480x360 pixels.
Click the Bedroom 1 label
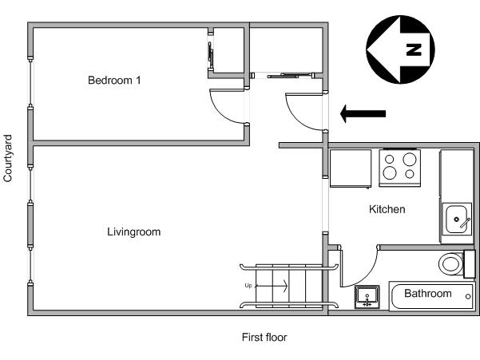(114, 80)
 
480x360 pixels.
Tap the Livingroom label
(133, 231)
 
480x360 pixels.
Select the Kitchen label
(387, 209)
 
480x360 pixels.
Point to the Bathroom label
(427, 293)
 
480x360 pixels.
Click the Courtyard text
(8, 158)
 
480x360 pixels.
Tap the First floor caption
(264, 338)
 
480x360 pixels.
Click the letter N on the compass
(414, 49)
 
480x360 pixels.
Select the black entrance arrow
(363, 113)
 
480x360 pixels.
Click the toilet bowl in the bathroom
(450, 264)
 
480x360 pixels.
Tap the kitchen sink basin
(456, 220)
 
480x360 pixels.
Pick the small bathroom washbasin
(367, 297)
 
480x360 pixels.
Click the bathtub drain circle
(468, 296)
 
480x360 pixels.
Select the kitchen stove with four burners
(399, 168)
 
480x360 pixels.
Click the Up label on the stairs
(248, 286)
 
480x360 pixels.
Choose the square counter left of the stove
(351, 168)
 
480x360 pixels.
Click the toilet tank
(470, 264)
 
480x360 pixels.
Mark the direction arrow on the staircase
(271, 286)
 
